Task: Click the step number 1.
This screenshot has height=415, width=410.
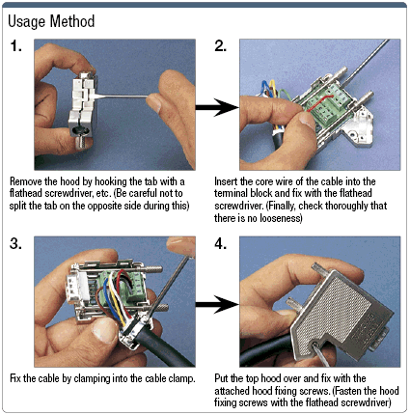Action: [16, 46]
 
